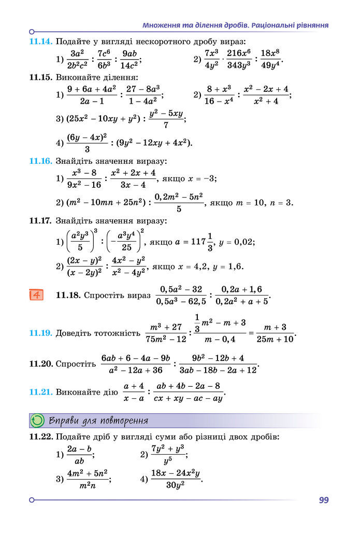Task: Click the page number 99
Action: click(324, 500)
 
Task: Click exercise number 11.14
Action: click(41, 41)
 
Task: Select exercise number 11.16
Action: click(41, 161)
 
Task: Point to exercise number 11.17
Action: click(41, 221)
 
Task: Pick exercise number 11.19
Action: click(41, 333)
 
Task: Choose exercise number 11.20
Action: click(41, 364)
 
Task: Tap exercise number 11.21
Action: click(41, 392)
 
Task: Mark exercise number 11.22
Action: click(41, 437)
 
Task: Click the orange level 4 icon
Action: click(36, 294)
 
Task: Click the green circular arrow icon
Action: click(38, 420)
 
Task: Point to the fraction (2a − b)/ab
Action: click(79, 455)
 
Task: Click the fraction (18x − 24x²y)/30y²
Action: click(175, 479)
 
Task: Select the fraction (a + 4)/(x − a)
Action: click(134, 392)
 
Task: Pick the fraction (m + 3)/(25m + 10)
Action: click(275, 333)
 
